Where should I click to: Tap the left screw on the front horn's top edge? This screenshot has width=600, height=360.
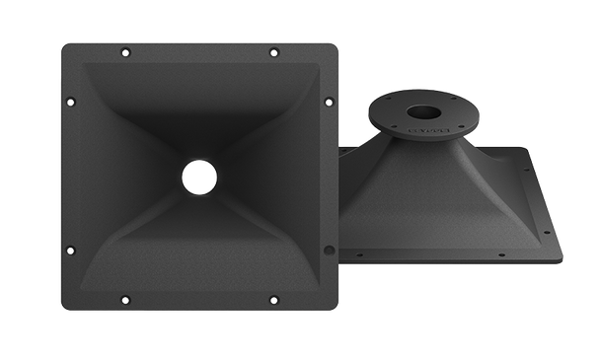(x=122, y=48)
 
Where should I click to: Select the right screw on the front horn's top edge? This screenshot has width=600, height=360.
(x=273, y=48)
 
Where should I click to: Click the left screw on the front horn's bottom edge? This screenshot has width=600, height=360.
(x=122, y=300)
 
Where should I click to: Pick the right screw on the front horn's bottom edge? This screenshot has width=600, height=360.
(x=273, y=300)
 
